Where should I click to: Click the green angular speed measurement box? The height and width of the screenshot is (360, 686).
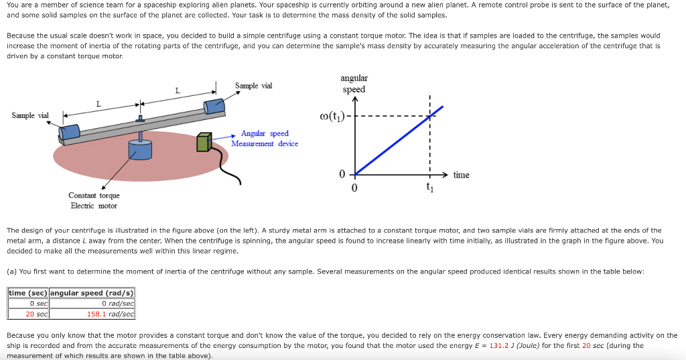tap(204, 142)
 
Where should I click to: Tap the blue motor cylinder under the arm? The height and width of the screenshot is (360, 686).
tap(140, 149)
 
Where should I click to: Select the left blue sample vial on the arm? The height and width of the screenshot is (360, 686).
tap(70, 132)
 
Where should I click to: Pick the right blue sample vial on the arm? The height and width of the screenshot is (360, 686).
tap(214, 107)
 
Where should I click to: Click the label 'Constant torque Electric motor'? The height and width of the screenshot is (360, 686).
tap(94, 200)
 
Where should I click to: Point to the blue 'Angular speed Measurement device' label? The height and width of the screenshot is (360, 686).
tap(265, 138)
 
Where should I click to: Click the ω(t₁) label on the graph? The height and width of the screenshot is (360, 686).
tap(332, 117)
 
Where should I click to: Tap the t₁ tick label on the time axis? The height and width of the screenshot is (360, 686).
tap(430, 188)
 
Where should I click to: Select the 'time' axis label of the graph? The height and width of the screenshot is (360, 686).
tap(461, 175)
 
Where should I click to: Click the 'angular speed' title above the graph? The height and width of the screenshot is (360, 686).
tap(354, 84)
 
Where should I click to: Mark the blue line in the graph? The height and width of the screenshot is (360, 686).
tap(399, 140)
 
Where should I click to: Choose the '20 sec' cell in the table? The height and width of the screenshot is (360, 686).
tap(28, 314)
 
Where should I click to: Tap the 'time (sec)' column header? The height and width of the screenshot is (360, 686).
tap(28, 293)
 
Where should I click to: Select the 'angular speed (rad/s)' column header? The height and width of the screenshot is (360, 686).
tap(92, 293)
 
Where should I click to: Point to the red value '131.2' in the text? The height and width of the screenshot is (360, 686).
tap(499, 345)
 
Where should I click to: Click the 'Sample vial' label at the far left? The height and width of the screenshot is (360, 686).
tap(30, 115)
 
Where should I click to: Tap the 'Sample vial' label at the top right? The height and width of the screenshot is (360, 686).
tap(253, 86)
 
